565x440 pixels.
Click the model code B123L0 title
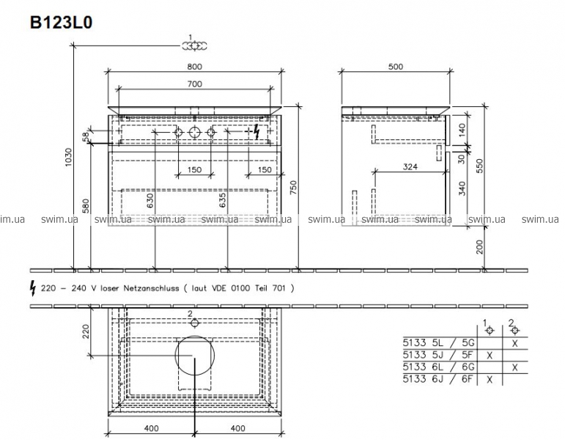[62, 22]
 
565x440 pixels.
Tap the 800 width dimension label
[195, 67]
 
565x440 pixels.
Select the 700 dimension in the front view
[195, 84]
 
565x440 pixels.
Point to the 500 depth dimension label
[396, 67]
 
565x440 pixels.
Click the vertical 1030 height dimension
[69, 157]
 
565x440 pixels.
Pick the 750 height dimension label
[293, 188]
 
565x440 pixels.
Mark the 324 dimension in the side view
[410, 166]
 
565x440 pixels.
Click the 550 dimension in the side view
[479, 166]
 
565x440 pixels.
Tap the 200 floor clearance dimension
[479, 247]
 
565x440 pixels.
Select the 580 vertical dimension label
[86, 206]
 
